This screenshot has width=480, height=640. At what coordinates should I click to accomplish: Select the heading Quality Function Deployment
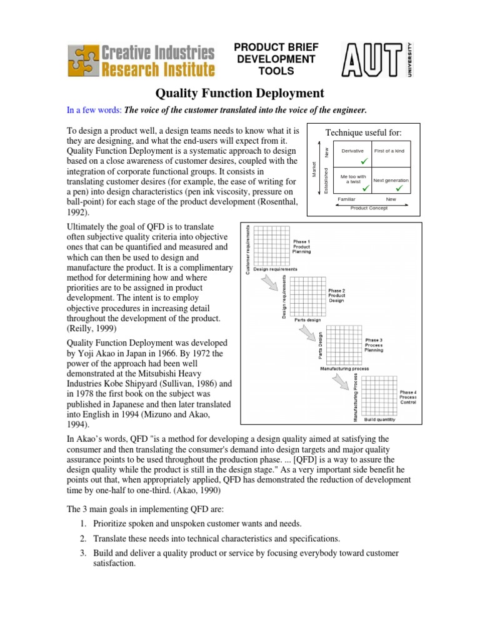239,93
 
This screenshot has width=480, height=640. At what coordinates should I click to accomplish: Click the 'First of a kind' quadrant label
389,151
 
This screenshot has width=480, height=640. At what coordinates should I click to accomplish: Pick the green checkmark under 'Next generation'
399,188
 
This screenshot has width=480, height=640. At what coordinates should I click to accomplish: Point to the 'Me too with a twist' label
353,179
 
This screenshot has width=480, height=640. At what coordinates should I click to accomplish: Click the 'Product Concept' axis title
369,208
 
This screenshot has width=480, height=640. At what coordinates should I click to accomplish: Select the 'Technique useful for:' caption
364,133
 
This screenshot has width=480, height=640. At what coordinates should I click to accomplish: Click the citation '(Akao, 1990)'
186,491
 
